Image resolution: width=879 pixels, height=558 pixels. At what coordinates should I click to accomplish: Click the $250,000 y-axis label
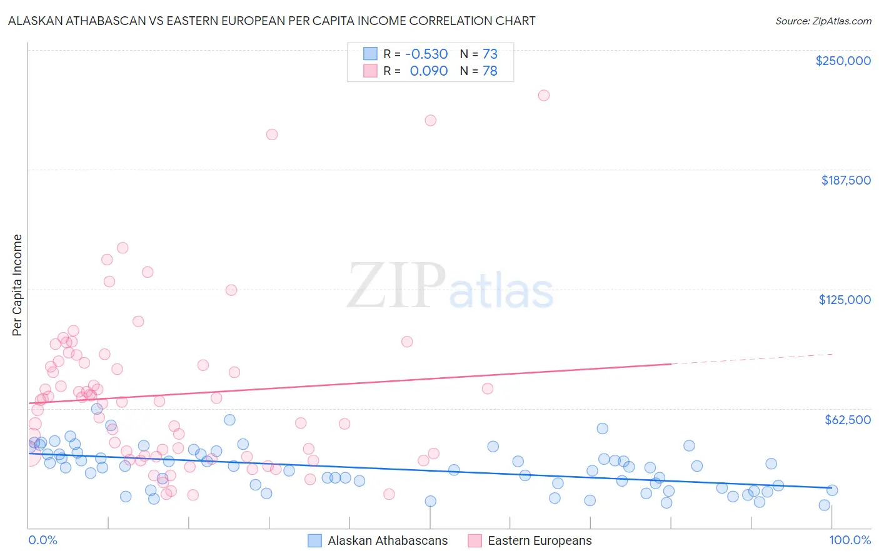click(x=843, y=61)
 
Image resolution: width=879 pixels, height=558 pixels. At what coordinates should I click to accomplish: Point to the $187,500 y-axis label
click(x=845, y=180)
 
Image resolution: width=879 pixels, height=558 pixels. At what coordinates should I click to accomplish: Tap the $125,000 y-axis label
click(x=845, y=300)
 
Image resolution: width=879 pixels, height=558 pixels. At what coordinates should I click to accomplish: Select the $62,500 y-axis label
click(x=847, y=420)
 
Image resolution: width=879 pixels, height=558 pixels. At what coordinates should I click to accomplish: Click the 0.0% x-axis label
click(x=43, y=540)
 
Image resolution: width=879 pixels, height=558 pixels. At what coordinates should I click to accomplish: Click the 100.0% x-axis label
click(x=850, y=540)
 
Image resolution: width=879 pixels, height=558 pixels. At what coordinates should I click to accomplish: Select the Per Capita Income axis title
click(x=18, y=285)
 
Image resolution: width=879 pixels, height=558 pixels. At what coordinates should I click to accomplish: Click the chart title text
click(x=271, y=21)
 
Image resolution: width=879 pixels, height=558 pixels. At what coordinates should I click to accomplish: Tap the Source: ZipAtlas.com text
click(x=823, y=21)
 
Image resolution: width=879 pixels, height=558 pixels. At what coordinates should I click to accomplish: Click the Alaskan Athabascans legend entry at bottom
click(x=388, y=540)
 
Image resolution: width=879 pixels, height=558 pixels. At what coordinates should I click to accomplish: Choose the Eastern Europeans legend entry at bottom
click(x=540, y=540)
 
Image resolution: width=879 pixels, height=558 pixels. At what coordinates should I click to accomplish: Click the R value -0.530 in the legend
click(x=426, y=54)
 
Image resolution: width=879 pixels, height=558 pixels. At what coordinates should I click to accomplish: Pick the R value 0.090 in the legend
click(x=428, y=71)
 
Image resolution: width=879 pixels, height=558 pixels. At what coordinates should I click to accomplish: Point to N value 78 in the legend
click(x=490, y=71)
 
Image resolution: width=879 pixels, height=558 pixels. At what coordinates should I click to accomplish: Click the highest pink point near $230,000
click(x=544, y=95)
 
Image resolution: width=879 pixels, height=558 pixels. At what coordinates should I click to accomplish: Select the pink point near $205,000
click(x=271, y=134)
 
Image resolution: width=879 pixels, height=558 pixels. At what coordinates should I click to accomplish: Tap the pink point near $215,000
click(x=430, y=120)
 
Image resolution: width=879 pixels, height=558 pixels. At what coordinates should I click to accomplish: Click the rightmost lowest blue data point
click(x=824, y=505)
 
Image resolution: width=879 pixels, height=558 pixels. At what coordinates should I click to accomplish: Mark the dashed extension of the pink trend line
click(x=750, y=359)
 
